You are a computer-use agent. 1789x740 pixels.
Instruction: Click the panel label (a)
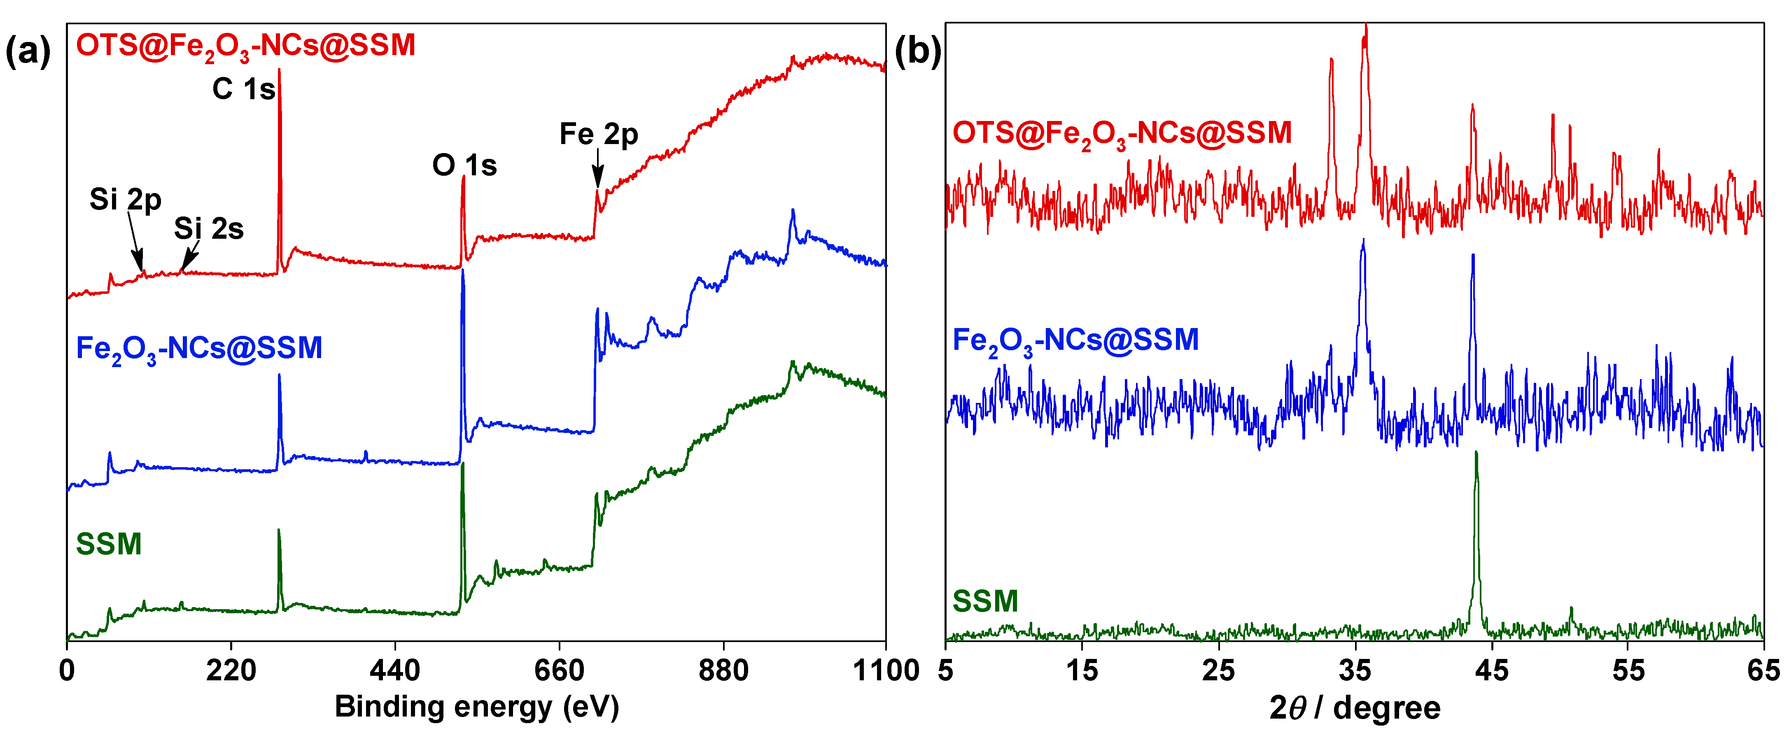28,52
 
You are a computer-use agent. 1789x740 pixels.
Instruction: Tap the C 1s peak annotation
243,89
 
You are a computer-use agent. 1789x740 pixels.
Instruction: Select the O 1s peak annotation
464,165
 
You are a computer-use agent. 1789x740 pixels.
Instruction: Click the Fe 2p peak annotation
599,134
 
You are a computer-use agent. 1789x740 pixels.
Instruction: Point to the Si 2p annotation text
125,200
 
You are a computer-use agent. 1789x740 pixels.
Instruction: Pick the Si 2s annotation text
208,228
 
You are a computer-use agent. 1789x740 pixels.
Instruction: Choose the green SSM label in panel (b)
985,601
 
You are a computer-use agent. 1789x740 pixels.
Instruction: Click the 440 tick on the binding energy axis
394,670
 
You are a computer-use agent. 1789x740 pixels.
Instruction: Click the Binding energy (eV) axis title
476,707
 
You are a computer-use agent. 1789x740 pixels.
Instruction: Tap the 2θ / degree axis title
1354,708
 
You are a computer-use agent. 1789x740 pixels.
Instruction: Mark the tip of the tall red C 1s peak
279,70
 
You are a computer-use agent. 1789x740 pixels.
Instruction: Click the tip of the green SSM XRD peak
1476,453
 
